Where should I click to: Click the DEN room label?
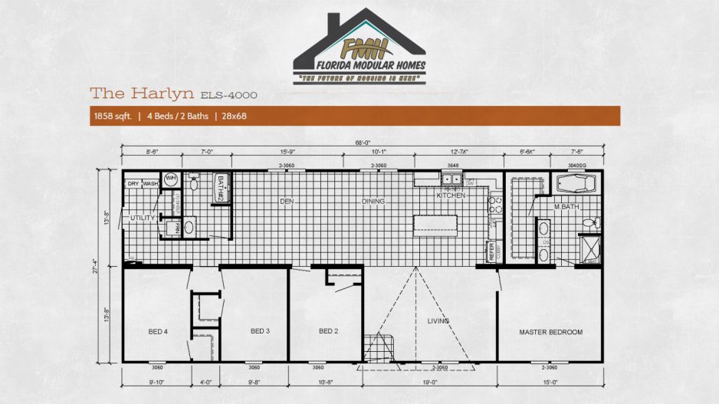pyautogui.click(x=287, y=202)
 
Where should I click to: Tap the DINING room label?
pyautogui.click(x=373, y=202)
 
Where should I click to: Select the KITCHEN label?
pyautogui.click(x=451, y=195)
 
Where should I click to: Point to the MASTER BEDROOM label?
pyautogui.click(x=550, y=332)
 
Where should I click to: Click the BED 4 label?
pyautogui.click(x=157, y=331)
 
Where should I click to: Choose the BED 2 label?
pyautogui.click(x=328, y=331)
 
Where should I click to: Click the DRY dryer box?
pyautogui.click(x=133, y=184)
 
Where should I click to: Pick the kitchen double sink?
pyautogui.click(x=450, y=180)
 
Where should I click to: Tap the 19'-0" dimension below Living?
pyautogui.click(x=429, y=381)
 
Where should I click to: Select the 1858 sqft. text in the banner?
pyautogui.click(x=110, y=117)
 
